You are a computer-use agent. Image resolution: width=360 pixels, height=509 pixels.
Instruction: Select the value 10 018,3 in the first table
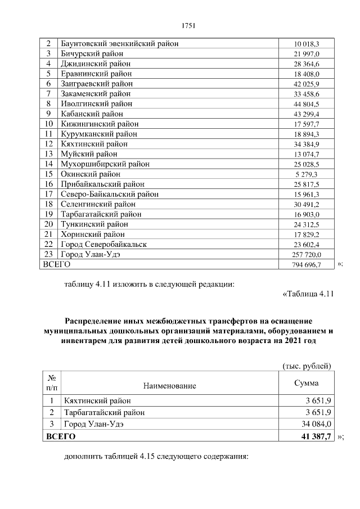click(x=307, y=43)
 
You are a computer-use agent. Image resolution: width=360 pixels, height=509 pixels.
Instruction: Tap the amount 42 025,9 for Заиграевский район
click(x=307, y=83)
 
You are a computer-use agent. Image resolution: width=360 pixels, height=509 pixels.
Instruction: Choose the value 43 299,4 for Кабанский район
click(x=307, y=114)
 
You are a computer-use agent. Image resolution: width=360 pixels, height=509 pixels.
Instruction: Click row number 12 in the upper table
click(x=49, y=143)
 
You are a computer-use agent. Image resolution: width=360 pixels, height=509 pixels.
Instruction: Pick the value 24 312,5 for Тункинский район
click(x=307, y=224)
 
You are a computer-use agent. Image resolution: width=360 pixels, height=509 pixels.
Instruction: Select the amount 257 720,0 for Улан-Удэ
click(x=306, y=254)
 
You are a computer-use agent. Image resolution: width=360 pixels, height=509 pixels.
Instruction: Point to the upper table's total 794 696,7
click(x=306, y=264)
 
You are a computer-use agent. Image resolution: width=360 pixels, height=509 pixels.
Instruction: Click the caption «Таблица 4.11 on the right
click(x=308, y=294)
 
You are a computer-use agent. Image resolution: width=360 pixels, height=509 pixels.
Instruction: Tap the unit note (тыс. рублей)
click(x=307, y=366)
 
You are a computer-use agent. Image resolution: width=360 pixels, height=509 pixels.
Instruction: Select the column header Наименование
click(x=169, y=386)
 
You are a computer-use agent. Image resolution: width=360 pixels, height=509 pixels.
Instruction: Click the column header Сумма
click(x=307, y=383)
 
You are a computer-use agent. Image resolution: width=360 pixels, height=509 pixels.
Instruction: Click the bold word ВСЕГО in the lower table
click(x=60, y=436)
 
